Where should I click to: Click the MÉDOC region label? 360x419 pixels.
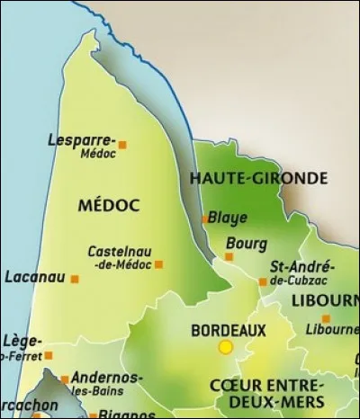coord(109,206)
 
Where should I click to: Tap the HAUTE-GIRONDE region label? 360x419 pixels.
coord(258,178)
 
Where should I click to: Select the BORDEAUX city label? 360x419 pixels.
coord(229,330)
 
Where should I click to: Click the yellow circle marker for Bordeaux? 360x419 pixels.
coord(225,347)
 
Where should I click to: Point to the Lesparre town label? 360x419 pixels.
coord(80,140)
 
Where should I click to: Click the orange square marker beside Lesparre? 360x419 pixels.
coord(123,144)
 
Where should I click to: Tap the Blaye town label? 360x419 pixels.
coord(228,218)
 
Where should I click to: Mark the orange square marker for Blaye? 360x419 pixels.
coord(205,218)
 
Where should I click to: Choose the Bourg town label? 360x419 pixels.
coord(247,243)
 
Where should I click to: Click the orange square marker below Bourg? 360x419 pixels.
coord(229,256)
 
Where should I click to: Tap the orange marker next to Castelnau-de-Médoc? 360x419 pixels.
coord(159,264)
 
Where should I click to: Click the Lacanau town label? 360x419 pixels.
coord(34,277)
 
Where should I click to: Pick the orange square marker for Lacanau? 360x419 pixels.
coord(75,279)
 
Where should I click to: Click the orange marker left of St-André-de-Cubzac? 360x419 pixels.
coord(263,281)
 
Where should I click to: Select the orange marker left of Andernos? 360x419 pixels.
coord(65,379)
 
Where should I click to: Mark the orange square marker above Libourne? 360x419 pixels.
coord(326,318)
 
